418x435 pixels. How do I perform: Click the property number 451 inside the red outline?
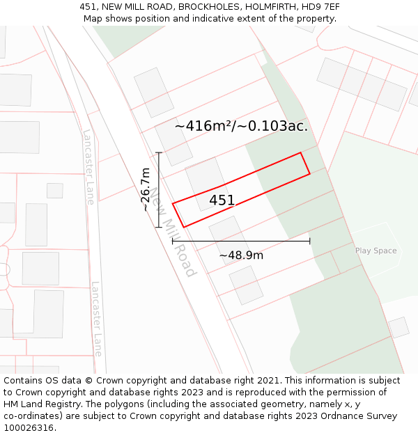coord(222,200)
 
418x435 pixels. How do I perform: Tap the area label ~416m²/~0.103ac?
coord(241,126)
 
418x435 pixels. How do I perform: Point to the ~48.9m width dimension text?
coord(241,255)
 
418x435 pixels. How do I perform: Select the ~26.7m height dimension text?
coord(145,189)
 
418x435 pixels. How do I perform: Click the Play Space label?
coord(376,251)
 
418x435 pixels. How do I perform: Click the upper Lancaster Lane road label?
coord(88,167)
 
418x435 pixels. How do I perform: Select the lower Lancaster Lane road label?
coord(97,319)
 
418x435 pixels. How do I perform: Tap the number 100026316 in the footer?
coord(29,427)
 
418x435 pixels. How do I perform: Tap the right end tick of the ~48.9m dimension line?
coord(310,242)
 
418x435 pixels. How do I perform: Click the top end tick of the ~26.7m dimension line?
coord(159,152)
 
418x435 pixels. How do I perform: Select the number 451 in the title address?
coord(88,7)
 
